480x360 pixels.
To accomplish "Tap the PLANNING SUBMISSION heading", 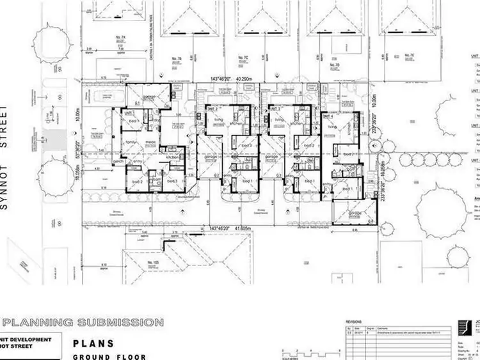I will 84,322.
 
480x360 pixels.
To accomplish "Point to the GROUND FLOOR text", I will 109,357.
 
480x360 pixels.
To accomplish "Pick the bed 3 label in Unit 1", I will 172,182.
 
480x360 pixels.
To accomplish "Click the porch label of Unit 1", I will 118,162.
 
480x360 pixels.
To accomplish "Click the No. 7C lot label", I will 243,58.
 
